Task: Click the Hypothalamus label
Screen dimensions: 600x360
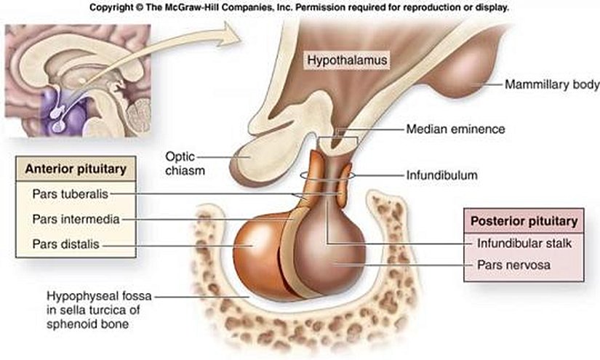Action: tap(347, 60)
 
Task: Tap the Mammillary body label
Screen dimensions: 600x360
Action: tap(552, 84)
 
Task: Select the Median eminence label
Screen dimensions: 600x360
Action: tap(455, 129)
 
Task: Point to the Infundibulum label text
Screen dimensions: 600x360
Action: tap(441, 175)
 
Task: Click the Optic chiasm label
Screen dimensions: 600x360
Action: tap(185, 164)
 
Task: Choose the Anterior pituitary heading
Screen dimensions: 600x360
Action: tap(76, 169)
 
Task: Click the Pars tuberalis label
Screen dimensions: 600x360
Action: tap(71, 194)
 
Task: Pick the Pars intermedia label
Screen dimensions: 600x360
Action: tap(76, 219)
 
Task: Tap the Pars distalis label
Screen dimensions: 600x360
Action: tap(65, 244)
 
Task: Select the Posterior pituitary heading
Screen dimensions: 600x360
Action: tap(524, 221)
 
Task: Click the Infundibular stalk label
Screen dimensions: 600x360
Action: tap(524, 244)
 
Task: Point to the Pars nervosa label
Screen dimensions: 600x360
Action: tap(513, 265)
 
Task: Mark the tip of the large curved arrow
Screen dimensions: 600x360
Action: tap(241, 39)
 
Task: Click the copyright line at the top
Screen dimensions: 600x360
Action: tap(299, 7)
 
